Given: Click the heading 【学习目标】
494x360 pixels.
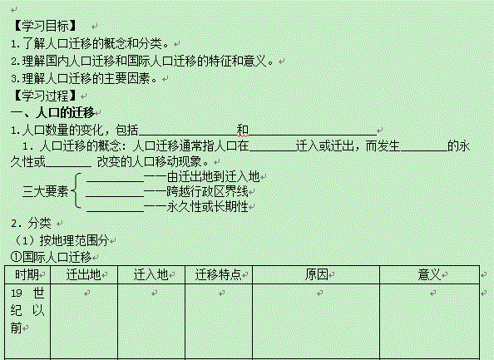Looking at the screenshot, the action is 45,26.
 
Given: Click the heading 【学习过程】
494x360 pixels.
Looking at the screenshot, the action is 45,96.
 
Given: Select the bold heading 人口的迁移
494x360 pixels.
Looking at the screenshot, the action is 65,112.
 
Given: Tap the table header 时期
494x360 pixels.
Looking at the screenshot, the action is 27,274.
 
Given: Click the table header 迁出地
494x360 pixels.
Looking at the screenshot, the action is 83,274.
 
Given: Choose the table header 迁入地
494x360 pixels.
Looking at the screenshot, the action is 151,274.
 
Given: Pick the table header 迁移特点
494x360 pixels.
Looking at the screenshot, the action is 218,274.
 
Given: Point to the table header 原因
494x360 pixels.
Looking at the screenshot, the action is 316,274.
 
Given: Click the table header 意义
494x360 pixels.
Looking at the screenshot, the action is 429,274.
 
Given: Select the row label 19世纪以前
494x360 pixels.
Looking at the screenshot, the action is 27,311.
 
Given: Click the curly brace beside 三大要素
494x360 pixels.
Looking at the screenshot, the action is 77,190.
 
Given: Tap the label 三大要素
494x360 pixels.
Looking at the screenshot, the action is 46,191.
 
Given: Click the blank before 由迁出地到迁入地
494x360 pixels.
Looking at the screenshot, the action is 115,181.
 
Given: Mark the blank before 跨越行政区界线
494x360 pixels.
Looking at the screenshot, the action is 115,196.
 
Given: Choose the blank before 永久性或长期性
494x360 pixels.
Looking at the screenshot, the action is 115,211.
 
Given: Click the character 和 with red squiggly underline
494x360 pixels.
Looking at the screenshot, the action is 243,130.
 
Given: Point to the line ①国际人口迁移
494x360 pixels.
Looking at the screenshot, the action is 51,257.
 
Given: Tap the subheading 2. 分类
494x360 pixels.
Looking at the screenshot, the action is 31,224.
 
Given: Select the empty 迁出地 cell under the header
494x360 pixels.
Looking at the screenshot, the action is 84,321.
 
